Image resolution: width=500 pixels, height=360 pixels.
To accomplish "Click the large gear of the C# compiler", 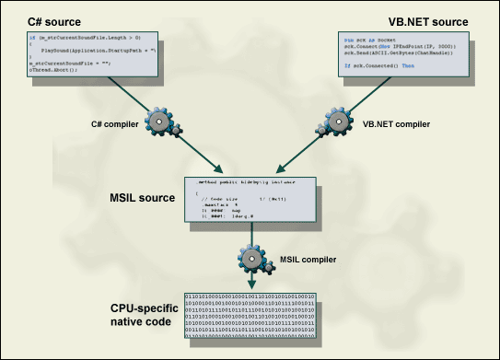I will click(161, 122).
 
